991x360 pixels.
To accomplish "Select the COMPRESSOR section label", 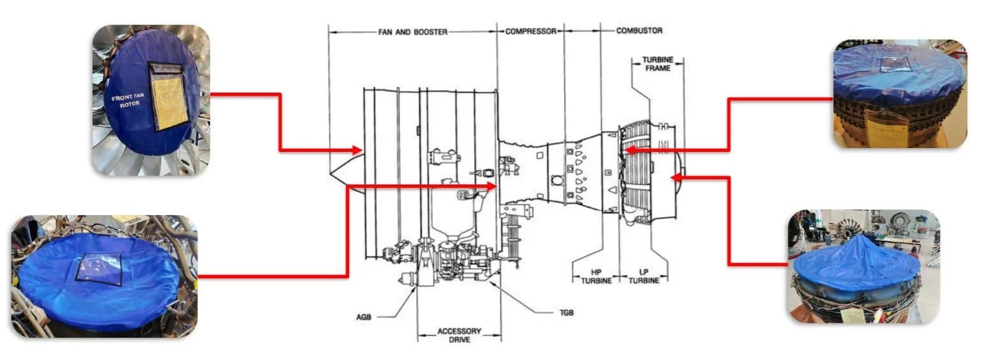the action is [x=531, y=31].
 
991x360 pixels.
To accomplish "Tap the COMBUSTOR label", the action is [x=639, y=31].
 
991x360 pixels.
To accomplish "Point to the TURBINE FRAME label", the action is [x=657, y=64].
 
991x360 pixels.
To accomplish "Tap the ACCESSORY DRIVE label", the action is [x=459, y=336].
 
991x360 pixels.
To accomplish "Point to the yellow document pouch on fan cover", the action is [x=168, y=96].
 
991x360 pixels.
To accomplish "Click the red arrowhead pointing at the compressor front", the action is [x=492, y=186].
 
